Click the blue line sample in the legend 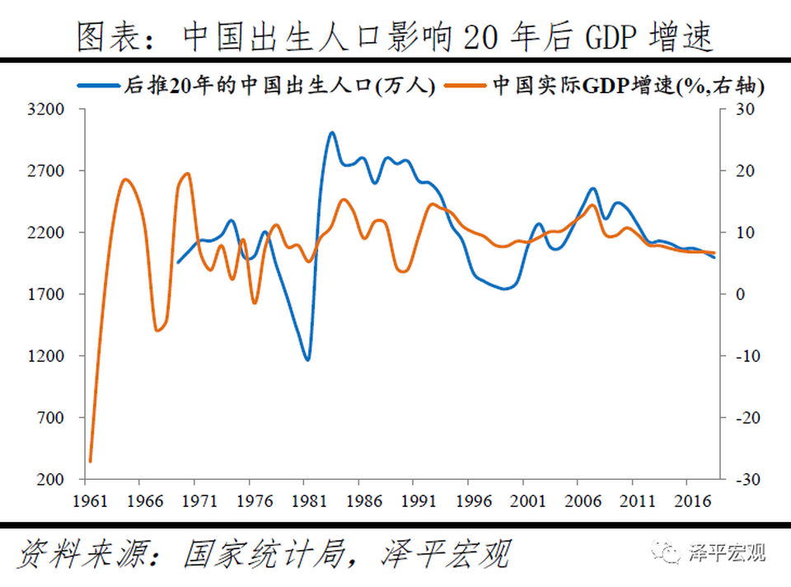(100, 85)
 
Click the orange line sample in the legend (466, 85)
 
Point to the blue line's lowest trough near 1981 (307, 359)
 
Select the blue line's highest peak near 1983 (331, 133)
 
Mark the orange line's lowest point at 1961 (90, 462)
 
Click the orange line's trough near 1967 (157, 331)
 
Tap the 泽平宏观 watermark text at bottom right (727, 551)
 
